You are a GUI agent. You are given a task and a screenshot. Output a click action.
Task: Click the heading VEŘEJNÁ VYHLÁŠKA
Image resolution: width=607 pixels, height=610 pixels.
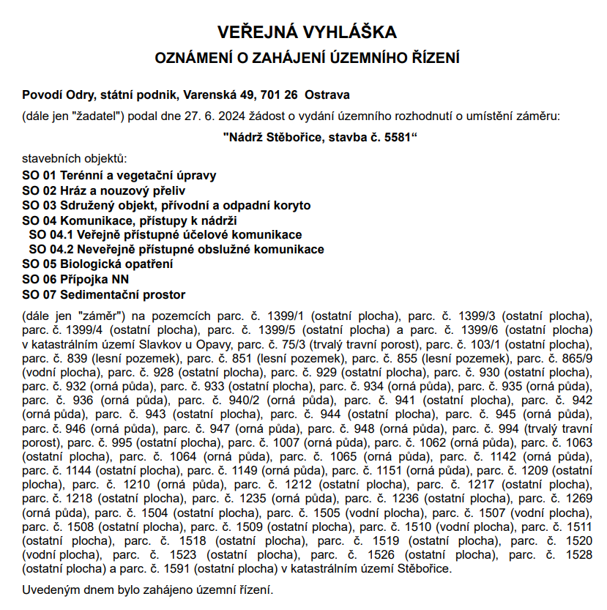pos(307,32)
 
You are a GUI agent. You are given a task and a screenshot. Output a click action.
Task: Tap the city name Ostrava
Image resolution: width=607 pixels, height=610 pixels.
pos(327,94)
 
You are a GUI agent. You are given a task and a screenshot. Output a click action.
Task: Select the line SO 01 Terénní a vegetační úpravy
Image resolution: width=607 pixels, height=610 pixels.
pos(119,176)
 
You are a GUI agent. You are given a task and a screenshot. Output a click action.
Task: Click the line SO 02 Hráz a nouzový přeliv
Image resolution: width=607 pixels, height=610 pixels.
pos(104,190)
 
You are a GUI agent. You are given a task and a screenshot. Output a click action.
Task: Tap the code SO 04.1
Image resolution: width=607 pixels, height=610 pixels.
pos(51,234)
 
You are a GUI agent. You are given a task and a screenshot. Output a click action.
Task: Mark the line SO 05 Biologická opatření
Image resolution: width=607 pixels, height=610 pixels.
pos(98,264)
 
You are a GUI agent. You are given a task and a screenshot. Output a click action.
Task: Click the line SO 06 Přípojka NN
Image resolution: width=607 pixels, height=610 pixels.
pos(75,279)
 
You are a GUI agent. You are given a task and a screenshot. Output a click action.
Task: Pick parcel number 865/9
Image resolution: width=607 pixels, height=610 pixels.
pos(578,358)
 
